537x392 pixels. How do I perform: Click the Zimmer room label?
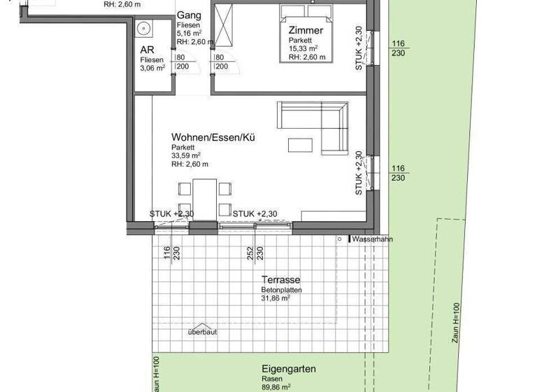pyautogui.click(x=306, y=30)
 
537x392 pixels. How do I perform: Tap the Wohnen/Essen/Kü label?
pyautogui.click(x=213, y=138)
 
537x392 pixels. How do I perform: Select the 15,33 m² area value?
pyautogui.click(x=303, y=49)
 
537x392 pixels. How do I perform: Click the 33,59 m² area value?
pyautogui.click(x=186, y=156)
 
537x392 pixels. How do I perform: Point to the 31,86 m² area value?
pyautogui.click(x=276, y=297)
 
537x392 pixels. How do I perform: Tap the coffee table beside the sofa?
pyautogui.click(x=301, y=145)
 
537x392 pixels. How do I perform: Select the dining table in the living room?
pyautogui.click(x=206, y=197)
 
